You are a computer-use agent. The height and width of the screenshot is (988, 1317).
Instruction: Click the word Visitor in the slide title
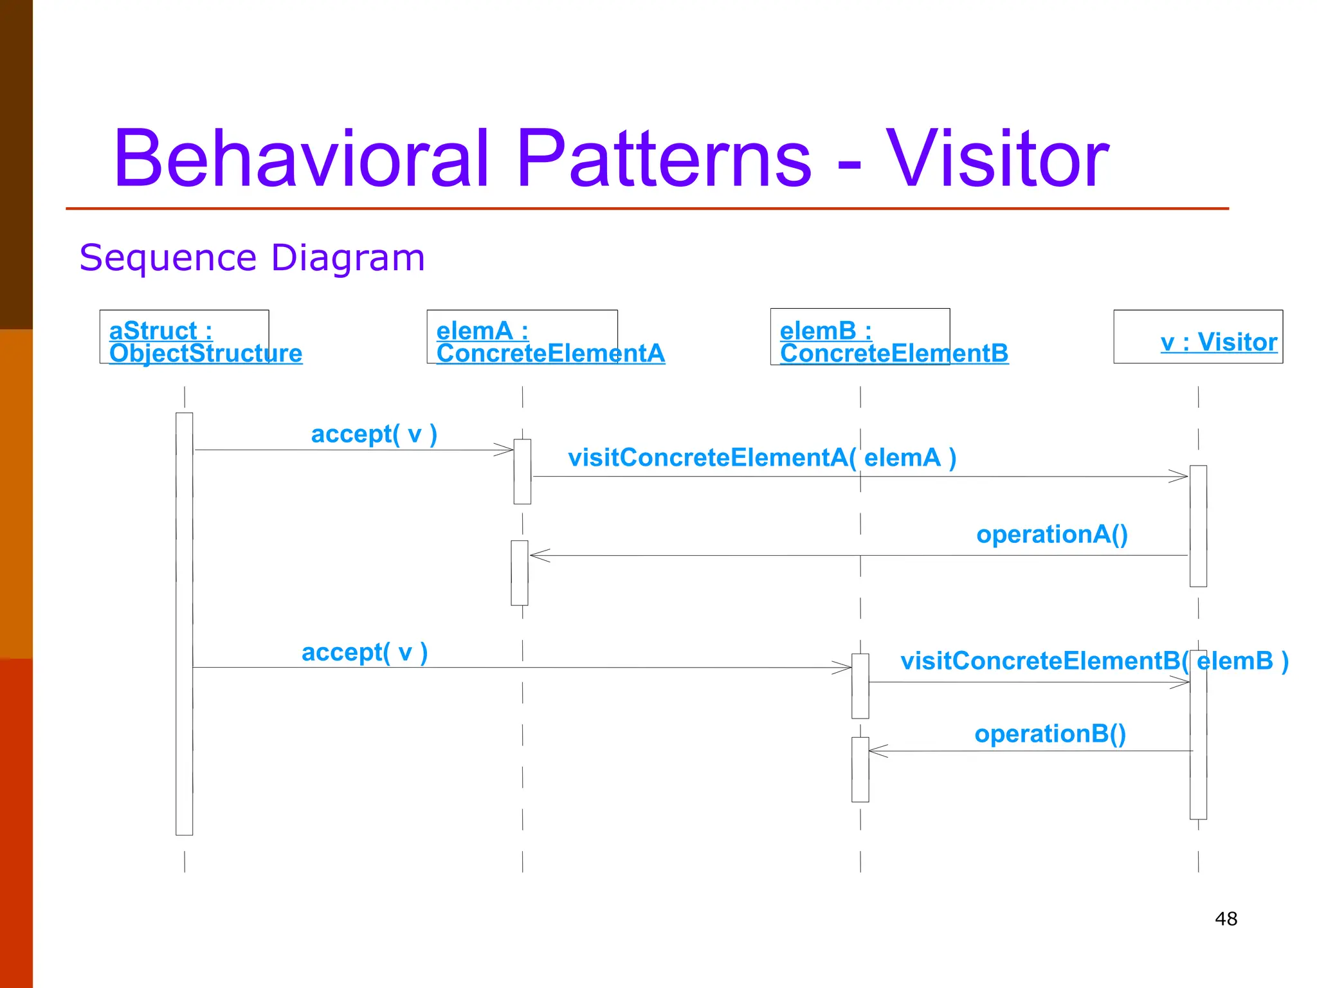point(997,159)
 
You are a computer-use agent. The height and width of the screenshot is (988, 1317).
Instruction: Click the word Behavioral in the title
point(301,159)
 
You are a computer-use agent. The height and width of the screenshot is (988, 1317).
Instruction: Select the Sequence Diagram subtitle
point(252,258)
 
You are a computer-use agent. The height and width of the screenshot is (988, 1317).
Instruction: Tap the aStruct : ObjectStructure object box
point(184,337)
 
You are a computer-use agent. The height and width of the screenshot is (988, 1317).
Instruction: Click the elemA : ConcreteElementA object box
point(522,337)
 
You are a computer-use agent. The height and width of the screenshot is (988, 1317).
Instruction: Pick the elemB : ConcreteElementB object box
point(860,337)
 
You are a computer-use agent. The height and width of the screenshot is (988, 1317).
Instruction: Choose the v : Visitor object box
point(1198,337)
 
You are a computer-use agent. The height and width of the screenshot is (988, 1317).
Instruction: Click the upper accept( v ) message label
point(374,434)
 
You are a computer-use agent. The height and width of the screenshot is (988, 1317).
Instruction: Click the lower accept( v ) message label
point(365,652)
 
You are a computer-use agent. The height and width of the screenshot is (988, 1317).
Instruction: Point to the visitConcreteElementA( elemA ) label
point(762,458)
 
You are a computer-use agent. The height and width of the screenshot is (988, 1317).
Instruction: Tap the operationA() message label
point(1052,535)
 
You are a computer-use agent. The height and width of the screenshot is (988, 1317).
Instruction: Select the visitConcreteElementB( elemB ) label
point(1094,661)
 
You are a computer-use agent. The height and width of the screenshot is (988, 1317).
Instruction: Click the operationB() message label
point(1050,734)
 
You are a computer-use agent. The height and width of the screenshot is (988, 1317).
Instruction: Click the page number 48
point(1226,919)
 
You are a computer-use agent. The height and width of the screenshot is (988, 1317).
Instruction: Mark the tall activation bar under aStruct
point(184,624)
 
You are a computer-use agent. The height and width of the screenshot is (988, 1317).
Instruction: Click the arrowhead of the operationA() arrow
point(539,555)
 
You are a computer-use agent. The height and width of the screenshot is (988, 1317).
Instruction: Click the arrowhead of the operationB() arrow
point(877,751)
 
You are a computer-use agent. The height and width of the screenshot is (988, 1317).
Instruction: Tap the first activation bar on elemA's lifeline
point(522,471)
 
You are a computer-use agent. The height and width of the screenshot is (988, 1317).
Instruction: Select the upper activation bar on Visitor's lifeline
point(1198,526)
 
